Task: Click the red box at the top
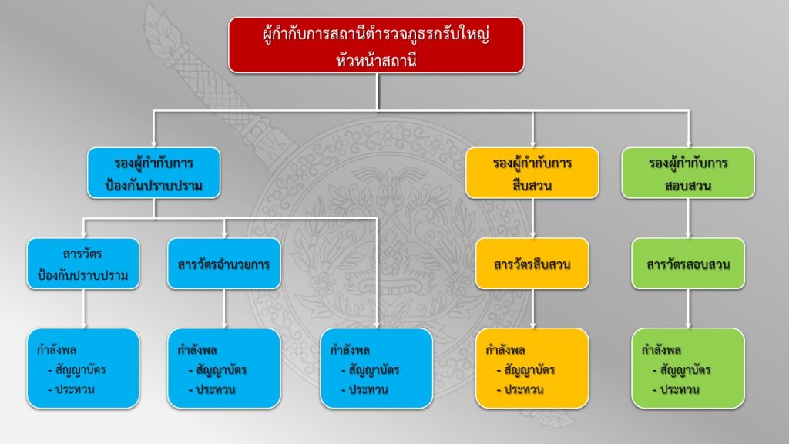click(376, 45)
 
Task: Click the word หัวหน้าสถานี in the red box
click(376, 59)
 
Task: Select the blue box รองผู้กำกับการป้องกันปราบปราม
click(154, 174)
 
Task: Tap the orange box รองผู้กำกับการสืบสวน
click(532, 174)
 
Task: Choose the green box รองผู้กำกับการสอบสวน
click(688, 174)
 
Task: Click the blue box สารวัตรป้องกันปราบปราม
click(83, 264)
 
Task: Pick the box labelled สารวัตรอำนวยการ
click(223, 264)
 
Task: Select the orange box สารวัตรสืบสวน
click(532, 264)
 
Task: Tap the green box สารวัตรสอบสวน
click(688, 264)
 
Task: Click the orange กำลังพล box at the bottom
click(532, 368)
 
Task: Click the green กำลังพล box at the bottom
click(688, 368)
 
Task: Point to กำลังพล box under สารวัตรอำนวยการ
click(223, 368)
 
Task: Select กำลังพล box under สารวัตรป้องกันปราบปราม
click(83, 368)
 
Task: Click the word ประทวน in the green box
click(680, 389)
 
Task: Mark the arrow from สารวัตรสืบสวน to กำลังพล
click(532, 308)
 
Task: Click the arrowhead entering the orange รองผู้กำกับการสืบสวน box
click(532, 142)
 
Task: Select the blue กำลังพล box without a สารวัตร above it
click(376, 368)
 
